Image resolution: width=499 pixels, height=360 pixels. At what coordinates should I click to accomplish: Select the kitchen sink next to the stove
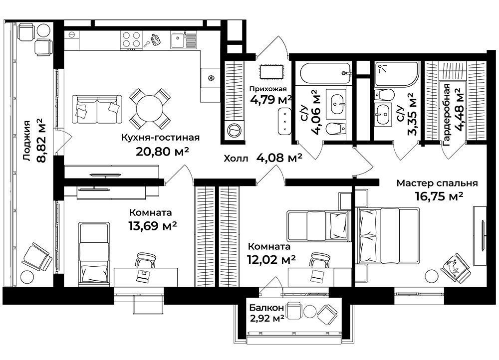click(177, 40)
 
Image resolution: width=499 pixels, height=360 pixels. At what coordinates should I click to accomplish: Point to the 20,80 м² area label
click(163, 151)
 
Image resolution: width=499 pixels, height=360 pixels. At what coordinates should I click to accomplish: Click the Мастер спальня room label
click(437, 183)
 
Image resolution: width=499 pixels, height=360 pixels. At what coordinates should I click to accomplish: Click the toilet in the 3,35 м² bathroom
click(384, 95)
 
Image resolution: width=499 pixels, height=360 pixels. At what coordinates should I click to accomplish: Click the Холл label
click(236, 159)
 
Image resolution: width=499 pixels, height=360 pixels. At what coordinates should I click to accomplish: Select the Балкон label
click(266, 308)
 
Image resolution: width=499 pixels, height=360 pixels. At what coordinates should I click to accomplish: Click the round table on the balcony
click(309, 311)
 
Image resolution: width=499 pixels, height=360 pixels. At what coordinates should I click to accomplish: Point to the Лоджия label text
click(27, 141)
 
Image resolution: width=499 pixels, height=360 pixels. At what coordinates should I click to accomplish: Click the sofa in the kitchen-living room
click(97, 109)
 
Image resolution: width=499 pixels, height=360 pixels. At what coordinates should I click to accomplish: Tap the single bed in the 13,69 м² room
click(94, 254)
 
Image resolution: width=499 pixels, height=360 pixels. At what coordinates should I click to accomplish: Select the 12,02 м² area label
click(271, 260)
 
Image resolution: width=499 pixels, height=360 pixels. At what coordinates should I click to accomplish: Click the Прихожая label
click(268, 89)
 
